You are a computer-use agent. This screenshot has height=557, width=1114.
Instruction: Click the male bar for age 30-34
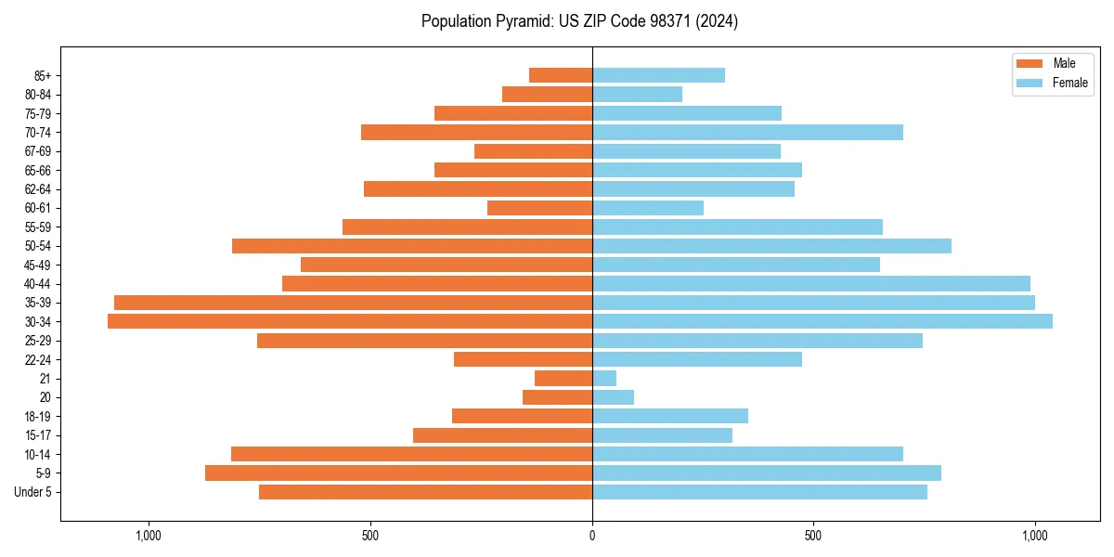(350, 321)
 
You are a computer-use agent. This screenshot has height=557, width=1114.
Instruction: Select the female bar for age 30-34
(823, 321)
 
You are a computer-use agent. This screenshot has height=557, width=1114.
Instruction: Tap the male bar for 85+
(561, 75)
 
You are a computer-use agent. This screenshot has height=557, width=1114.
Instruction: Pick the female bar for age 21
(604, 378)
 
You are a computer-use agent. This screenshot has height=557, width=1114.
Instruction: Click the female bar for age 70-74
(747, 132)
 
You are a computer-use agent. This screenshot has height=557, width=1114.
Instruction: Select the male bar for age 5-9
(399, 473)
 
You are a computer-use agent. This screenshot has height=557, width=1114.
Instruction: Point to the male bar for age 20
(557, 397)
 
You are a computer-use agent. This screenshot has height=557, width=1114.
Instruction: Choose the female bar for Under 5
(759, 492)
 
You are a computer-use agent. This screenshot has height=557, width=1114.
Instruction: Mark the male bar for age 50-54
(412, 246)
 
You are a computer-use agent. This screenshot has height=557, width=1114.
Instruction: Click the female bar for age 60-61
(648, 208)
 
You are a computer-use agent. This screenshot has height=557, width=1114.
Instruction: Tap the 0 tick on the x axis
(592, 536)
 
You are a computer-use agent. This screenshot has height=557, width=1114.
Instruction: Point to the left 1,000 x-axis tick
(149, 536)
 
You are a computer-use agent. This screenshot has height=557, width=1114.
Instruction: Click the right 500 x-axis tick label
(813, 536)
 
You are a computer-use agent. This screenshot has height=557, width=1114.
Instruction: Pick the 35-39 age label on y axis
(38, 303)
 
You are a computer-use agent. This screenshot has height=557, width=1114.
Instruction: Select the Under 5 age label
(33, 492)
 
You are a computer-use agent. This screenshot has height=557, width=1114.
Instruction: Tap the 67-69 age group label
(38, 151)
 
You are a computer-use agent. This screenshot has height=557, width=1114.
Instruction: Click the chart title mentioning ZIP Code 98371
(579, 21)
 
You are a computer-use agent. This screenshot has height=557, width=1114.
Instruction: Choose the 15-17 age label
(38, 435)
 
